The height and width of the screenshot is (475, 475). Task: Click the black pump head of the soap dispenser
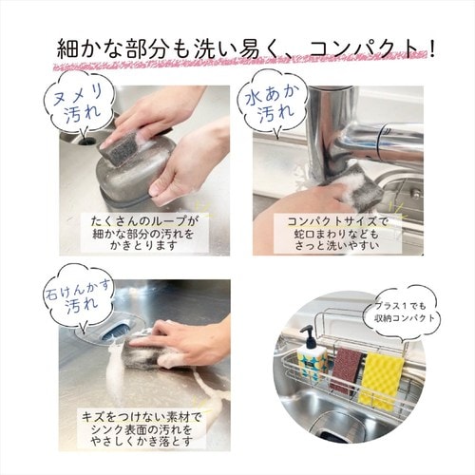click(309, 338)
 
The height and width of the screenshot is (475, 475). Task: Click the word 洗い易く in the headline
click(231, 47)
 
